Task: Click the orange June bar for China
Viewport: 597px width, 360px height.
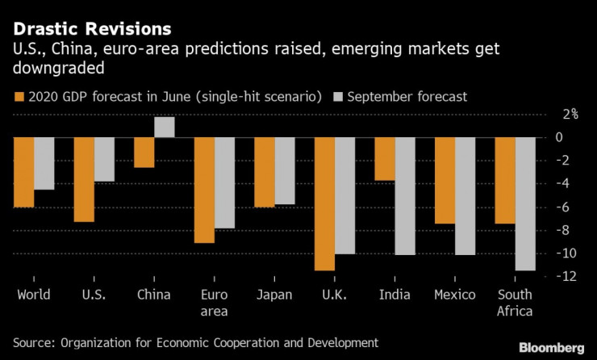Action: pyautogui.click(x=144, y=153)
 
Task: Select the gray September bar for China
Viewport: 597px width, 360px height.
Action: pyautogui.click(x=165, y=128)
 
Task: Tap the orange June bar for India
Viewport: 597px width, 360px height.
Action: pyautogui.click(x=385, y=159)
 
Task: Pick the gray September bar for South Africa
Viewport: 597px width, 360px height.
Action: pyautogui.click(x=525, y=203)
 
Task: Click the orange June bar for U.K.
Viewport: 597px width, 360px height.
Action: pyautogui.click(x=325, y=203)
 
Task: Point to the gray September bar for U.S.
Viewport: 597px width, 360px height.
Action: pyautogui.click(x=104, y=159)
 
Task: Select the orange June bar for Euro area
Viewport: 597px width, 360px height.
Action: pyautogui.click(x=204, y=190)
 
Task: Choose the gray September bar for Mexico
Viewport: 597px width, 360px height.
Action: pyautogui.click(x=465, y=196)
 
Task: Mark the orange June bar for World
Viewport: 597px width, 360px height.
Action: pyautogui.click(x=24, y=172)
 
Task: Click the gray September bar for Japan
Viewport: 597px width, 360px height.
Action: pyautogui.click(x=285, y=170)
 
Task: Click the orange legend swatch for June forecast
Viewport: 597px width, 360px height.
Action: pyautogui.click(x=19, y=97)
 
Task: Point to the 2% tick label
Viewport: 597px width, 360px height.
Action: pyautogui.click(x=570, y=114)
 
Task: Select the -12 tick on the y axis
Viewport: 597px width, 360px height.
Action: pyautogui.click(x=567, y=276)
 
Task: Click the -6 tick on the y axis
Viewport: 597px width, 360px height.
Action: pyautogui.click(x=567, y=207)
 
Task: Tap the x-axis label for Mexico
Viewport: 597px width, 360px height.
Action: pyautogui.click(x=455, y=295)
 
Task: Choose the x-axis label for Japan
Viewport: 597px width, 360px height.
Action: pyautogui.click(x=274, y=295)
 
